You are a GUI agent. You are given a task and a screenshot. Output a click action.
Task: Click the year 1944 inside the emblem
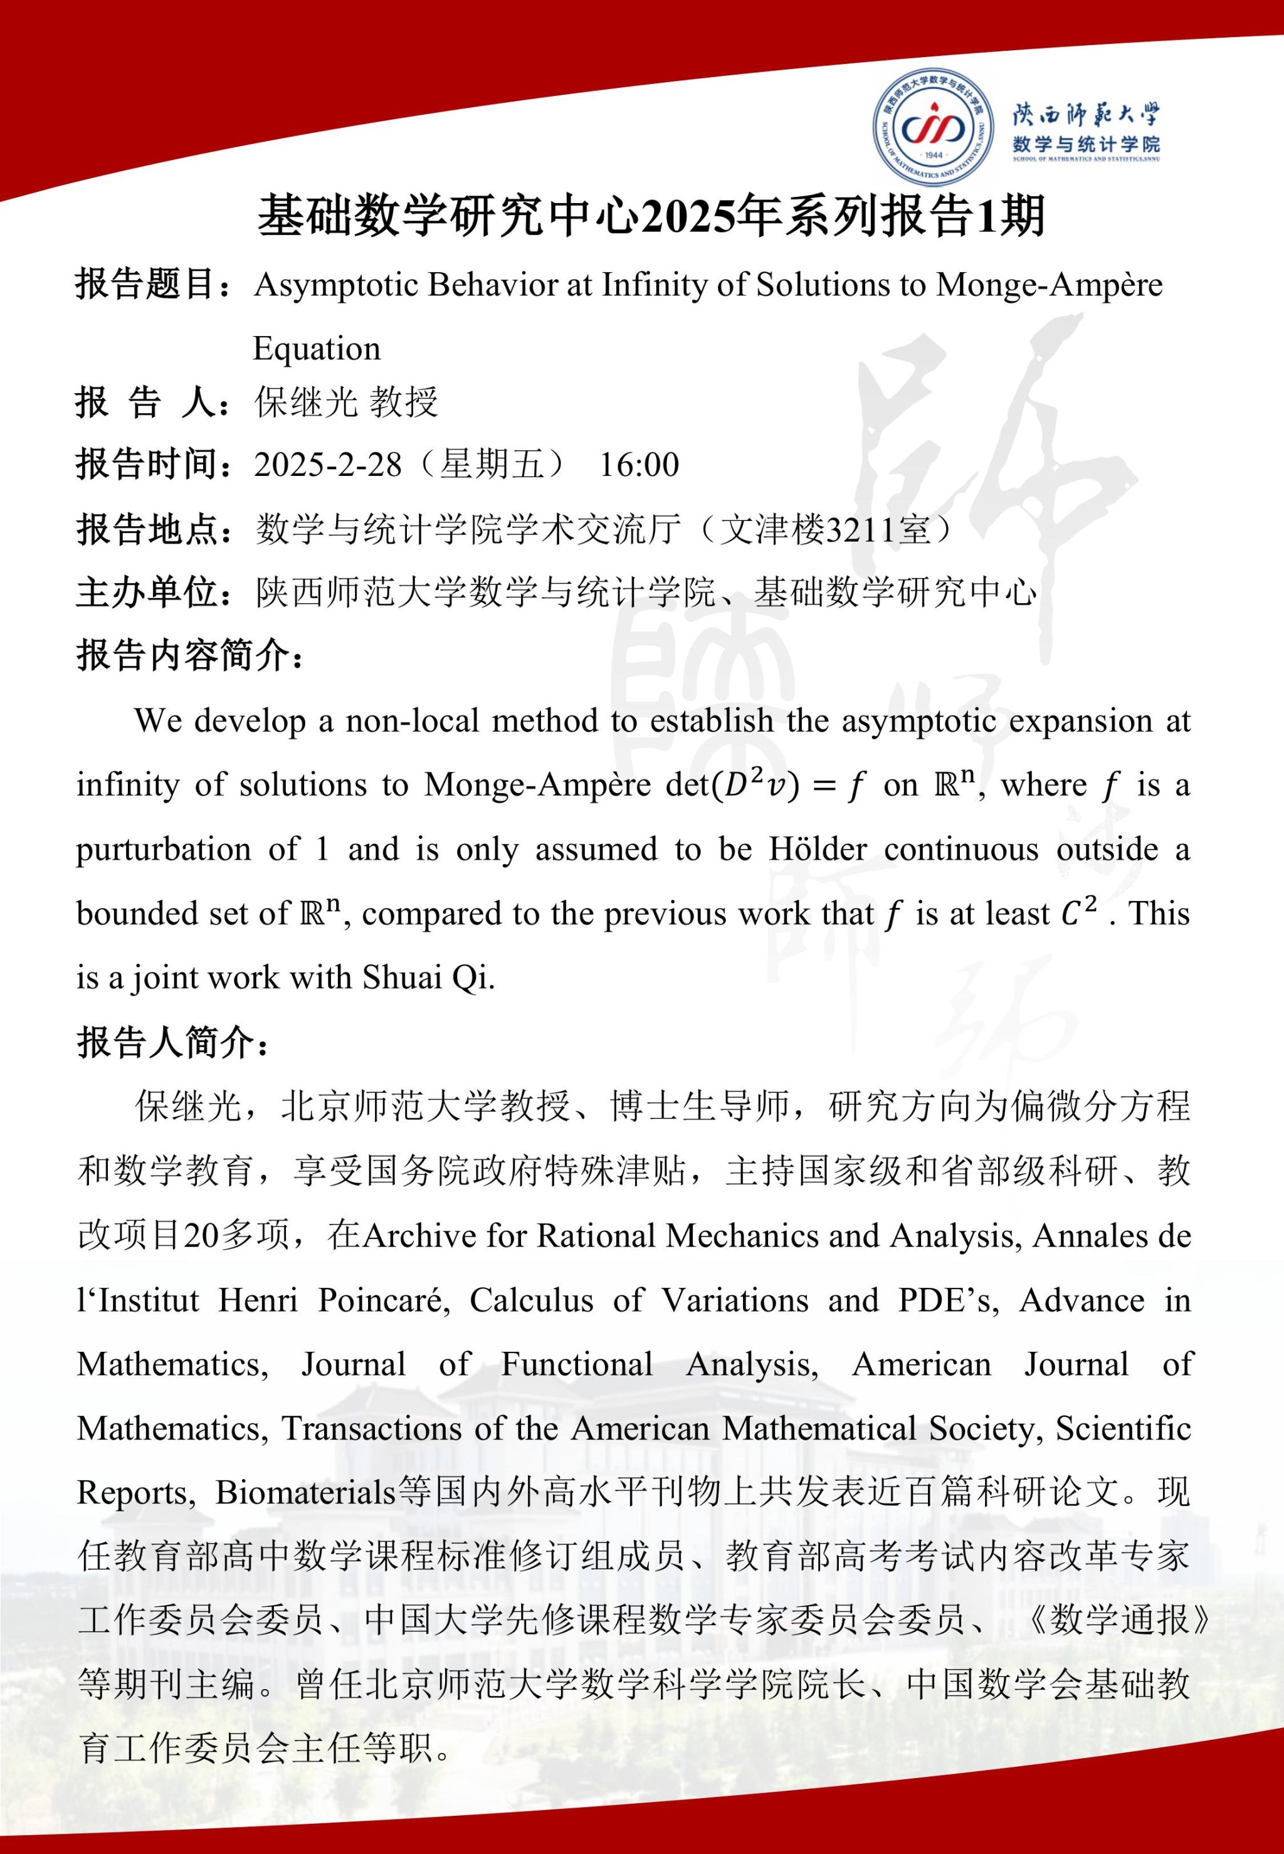934,155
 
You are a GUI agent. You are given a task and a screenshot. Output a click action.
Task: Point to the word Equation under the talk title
316,348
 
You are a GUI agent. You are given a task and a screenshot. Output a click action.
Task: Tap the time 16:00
639,465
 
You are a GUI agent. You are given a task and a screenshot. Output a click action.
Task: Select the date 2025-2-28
327,465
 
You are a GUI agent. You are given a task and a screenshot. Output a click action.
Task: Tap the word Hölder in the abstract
818,850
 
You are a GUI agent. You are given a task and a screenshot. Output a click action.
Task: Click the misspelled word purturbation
163,850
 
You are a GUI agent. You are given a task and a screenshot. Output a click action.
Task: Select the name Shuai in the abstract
398,977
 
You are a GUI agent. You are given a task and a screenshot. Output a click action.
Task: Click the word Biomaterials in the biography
306,1493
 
